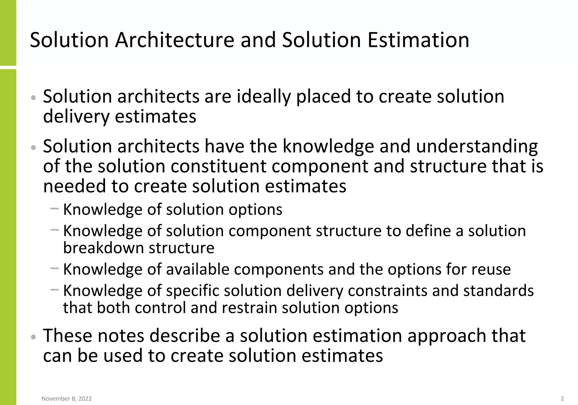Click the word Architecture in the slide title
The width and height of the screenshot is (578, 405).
tap(174, 40)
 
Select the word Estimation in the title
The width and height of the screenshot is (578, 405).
tap(418, 40)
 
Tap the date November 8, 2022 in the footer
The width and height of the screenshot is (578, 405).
tap(67, 399)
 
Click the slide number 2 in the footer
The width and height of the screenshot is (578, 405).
tap(562, 399)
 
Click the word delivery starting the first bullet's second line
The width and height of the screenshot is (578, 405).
tap(76, 116)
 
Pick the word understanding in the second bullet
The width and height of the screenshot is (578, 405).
tap(477, 146)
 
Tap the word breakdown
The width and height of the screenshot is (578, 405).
tap(103, 248)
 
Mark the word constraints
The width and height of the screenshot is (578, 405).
tap(387, 290)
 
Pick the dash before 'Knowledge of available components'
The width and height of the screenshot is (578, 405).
tap(54, 268)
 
